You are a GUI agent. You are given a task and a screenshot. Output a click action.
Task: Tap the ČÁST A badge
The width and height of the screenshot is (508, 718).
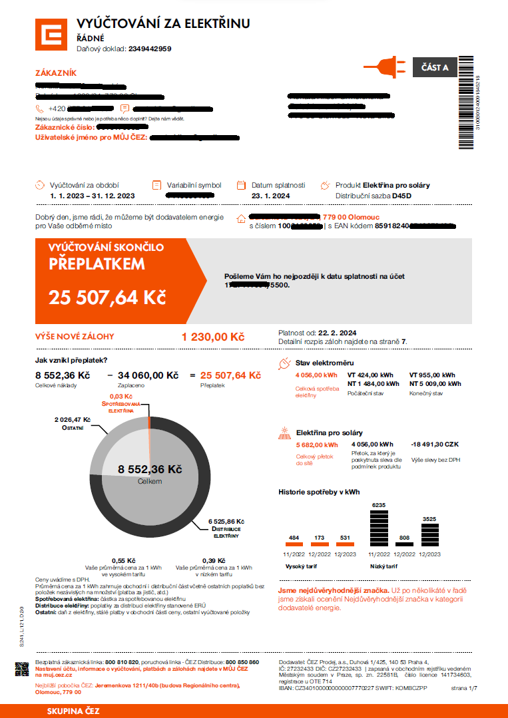tap(435, 67)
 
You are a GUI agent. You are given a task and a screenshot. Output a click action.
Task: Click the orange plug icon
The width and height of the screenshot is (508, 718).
tap(381, 67)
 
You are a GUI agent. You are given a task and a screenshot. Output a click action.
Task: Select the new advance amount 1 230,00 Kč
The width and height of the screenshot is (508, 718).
tap(213, 337)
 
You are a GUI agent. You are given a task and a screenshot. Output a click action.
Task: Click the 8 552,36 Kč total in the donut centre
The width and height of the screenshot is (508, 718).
tap(150, 469)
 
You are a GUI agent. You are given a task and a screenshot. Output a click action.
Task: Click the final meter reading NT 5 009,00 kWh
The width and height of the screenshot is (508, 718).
tap(435, 384)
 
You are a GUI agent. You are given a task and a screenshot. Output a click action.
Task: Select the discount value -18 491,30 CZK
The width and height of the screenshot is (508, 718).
tap(436, 445)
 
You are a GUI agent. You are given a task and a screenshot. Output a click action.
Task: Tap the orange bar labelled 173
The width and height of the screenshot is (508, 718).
tap(320, 545)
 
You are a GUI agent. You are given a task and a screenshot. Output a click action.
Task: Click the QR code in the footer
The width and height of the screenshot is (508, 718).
tap(22, 670)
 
